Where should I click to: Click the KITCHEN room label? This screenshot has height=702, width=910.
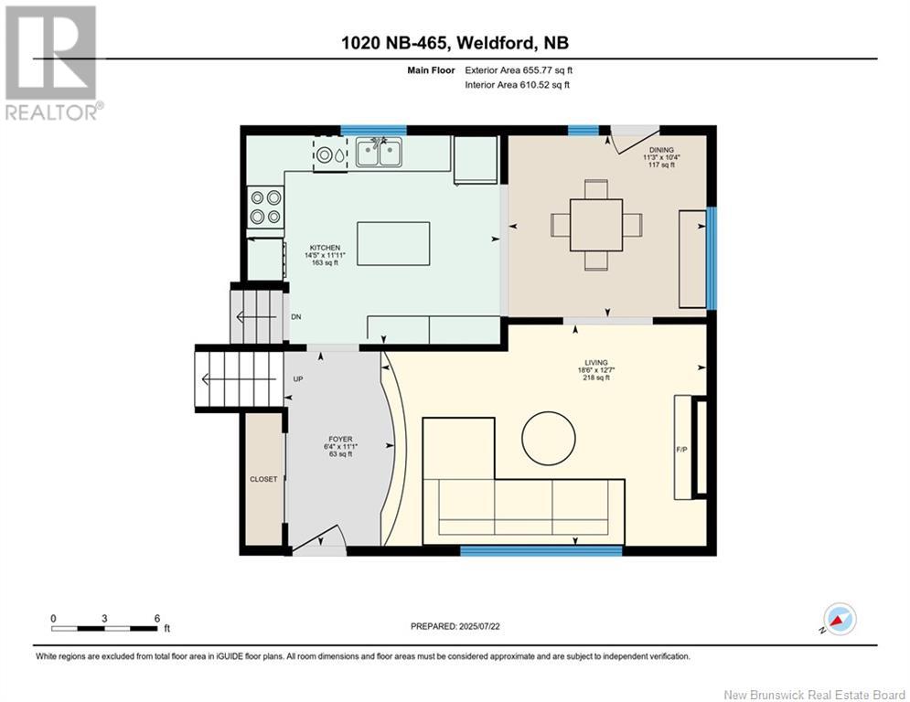[x=325, y=248]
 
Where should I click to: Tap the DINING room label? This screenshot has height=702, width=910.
[x=661, y=150]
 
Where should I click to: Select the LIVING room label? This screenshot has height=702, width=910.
[x=596, y=363]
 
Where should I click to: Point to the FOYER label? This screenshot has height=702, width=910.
[x=340, y=439]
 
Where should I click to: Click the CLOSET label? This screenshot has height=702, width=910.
[x=263, y=479]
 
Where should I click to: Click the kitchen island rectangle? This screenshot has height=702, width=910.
[x=393, y=244]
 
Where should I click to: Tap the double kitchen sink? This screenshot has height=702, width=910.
[x=379, y=152]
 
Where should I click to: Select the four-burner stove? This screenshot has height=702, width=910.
[x=266, y=207]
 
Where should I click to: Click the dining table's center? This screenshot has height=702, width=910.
[x=596, y=225]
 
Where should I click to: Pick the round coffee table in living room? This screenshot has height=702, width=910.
[x=549, y=439]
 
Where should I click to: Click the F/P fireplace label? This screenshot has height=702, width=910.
[x=682, y=449]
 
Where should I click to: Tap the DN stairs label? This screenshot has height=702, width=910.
[x=296, y=317]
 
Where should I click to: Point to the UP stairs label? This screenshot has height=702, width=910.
[x=298, y=378]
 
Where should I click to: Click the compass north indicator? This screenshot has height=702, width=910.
[x=840, y=619]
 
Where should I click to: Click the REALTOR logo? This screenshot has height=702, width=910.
[x=53, y=63]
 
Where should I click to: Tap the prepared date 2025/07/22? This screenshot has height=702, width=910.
[x=479, y=626]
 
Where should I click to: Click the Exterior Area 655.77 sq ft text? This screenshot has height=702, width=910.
[x=519, y=70]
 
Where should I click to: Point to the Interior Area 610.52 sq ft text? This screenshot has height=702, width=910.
[x=517, y=85]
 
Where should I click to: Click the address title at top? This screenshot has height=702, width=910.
[x=455, y=43]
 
